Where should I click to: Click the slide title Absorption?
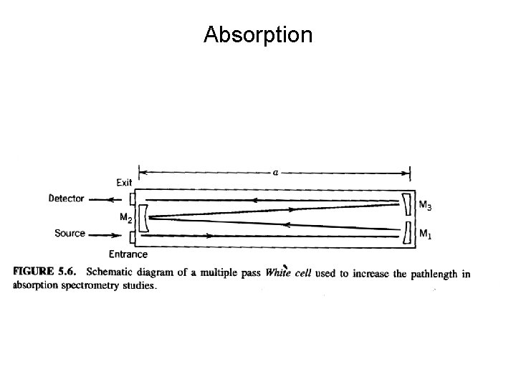coord(258,34)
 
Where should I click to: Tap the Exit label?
coord(123,183)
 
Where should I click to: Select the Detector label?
coord(66,199)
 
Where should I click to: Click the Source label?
coord(70,233)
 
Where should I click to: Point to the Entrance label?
coord(128,254)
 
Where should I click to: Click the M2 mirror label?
coord(125,217)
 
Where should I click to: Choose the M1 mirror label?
coord(424,233)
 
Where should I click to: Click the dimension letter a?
coord(274,172)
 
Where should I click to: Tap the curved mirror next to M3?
coord(407,204)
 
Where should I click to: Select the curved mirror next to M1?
coord(407,232)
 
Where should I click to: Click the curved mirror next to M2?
coord(143,216)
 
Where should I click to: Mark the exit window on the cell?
coord(132,200)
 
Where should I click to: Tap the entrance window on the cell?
coord(132,235)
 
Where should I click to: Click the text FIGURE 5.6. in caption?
coord(46,272)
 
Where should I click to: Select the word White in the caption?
coord(277,272)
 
